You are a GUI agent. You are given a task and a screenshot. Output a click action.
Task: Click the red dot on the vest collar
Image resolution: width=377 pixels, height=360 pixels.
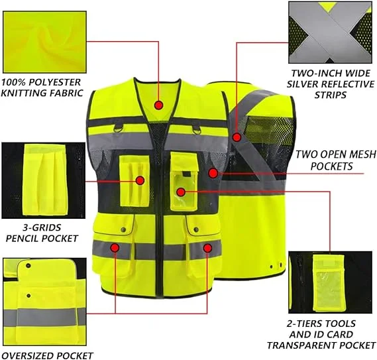pyautogui.click(x=159, y=105)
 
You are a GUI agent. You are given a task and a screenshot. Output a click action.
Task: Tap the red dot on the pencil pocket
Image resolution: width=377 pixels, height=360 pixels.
pyautogui.click(x=140, y=180)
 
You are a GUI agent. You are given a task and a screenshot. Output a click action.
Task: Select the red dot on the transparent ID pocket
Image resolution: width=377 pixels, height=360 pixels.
pyautogui.click(x=181, y=192)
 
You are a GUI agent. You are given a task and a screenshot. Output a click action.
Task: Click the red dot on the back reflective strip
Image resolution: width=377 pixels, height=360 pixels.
pyautogui.click(x=237, y=137)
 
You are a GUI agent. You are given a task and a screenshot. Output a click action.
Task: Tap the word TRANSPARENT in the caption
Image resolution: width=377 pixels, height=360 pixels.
pyautogui.click(x=302, y=345)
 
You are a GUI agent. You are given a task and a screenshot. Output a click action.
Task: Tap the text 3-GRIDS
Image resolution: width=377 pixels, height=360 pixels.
pyautogui.click(x=42, y=227)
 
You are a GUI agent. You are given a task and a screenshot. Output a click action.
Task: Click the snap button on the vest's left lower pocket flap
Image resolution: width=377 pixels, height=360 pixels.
pyautogui.click(x=123, y=229)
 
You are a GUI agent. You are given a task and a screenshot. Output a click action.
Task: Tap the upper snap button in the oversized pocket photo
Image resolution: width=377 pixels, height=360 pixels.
pyautogui.click(x=28, y=266)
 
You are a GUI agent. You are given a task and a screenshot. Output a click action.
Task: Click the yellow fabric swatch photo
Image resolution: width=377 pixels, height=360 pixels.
pyautogui.click(x=44, y=42)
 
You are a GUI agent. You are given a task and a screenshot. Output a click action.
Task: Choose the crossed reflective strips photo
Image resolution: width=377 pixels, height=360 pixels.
pyautogui.click(x=330, y=32)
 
